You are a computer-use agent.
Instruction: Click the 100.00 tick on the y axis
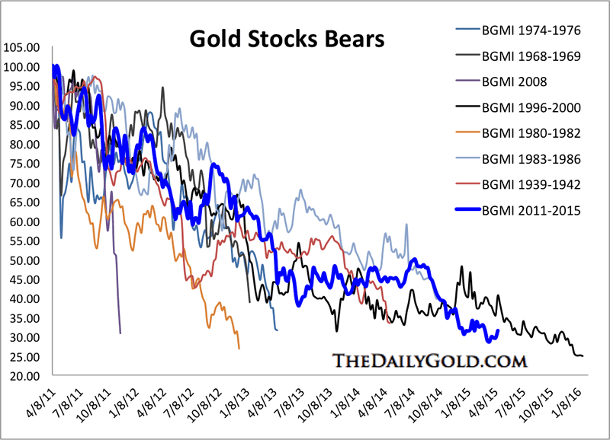pos(21,66)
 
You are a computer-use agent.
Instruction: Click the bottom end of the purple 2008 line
pos(120,333)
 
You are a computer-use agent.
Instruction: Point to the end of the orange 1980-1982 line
pos(239,349)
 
